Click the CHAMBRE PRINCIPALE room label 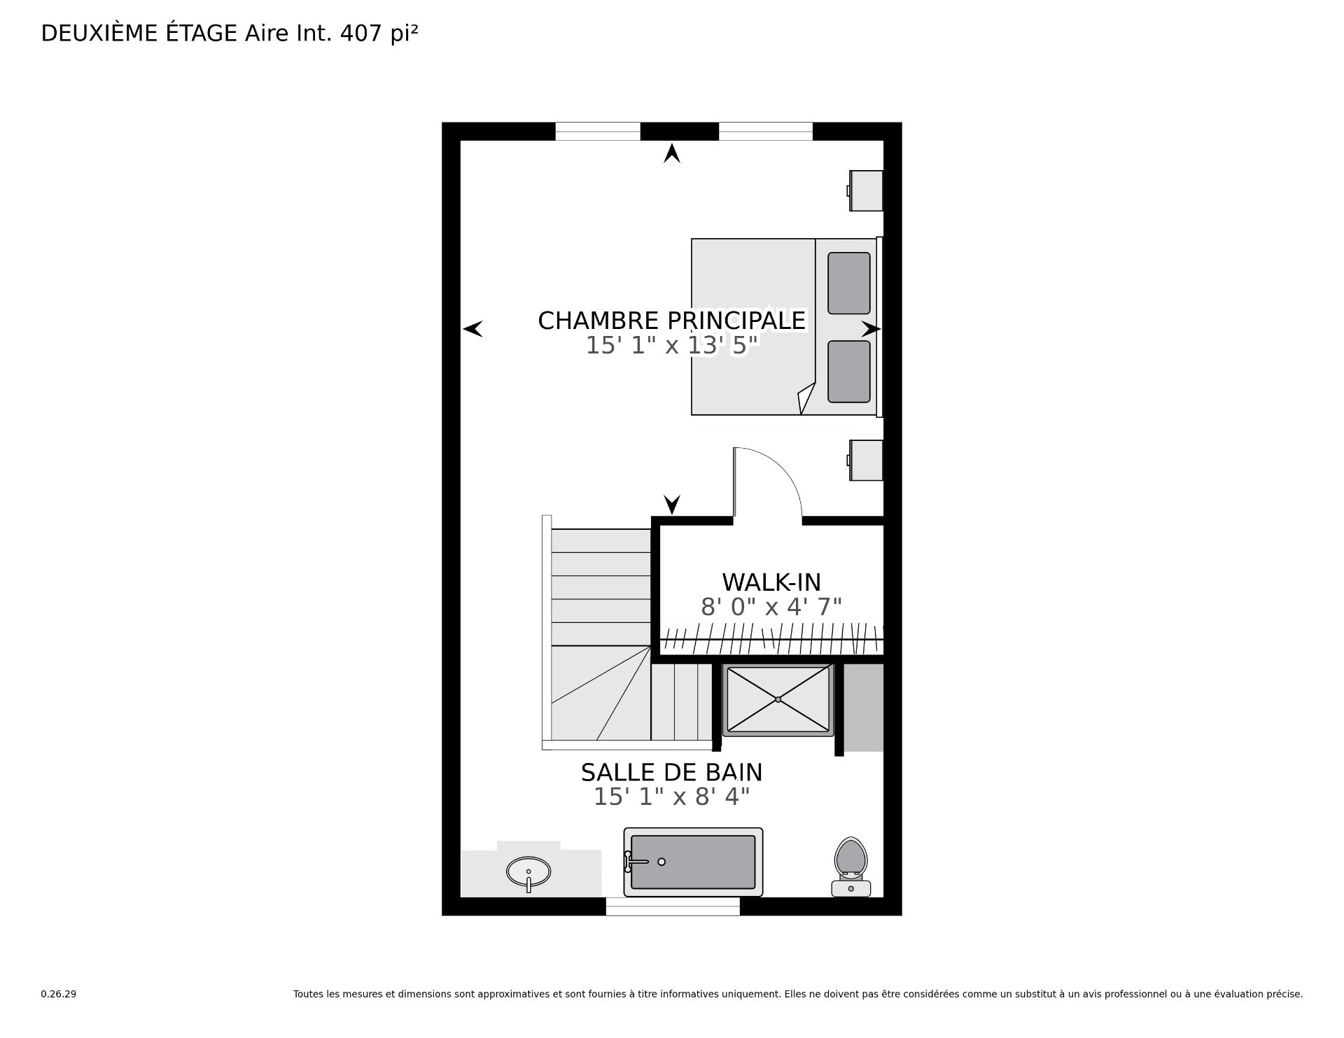672,321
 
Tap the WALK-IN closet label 771,582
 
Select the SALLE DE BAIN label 672,773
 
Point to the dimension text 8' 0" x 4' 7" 771,607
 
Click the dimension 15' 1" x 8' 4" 672,797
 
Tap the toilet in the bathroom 851,867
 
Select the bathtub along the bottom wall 693,862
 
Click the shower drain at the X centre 778,699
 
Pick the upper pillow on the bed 849,283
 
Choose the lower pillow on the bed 849,372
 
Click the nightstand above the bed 865,190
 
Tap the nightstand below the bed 865,460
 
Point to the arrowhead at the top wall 672,153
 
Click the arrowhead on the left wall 473,328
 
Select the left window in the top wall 598,132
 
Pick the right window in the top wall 766,132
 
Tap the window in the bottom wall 673,906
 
